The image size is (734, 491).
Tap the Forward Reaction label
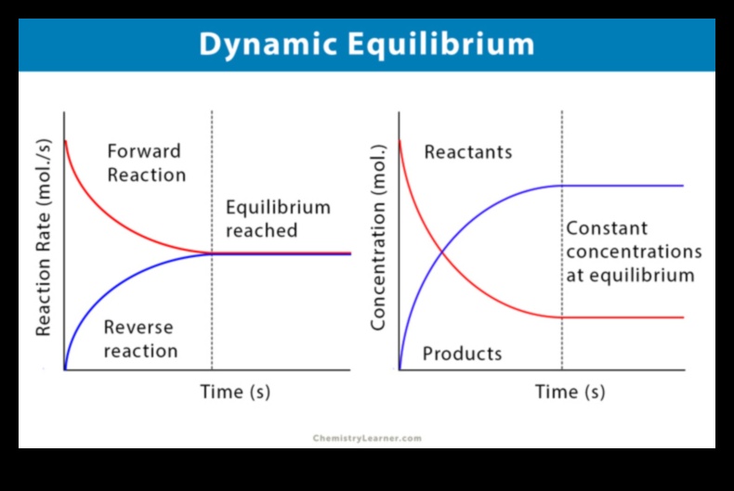(146, 162)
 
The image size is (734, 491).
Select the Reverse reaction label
(139, 339)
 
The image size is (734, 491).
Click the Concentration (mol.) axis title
(378, 238)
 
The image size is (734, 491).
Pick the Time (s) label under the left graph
(235, 392)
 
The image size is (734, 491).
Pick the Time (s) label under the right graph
(570, 392)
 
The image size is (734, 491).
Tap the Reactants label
(467, 152)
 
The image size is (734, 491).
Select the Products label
(462, 354)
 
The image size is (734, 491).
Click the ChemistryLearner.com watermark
(367, 438)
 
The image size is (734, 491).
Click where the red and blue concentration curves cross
(441, 252)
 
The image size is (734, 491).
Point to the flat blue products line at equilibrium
(623, 186)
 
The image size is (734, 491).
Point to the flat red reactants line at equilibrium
(623, 317)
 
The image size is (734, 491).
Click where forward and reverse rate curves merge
(213, 252)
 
